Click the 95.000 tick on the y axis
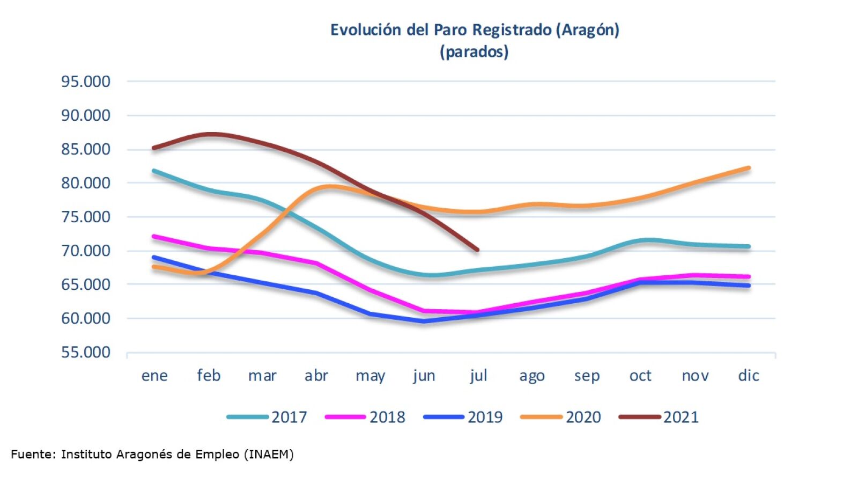[x=86, y=82]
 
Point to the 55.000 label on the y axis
[x=86, y=353]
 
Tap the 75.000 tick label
[x=86, y=217]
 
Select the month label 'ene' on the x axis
[x=154, y=376]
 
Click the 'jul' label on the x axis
[x=478, y=376]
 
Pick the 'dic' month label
[x=749, y=376]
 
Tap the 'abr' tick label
[x=316, y=376]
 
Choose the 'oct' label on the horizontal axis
[x=640, y=376]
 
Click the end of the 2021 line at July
[x=477, y=250]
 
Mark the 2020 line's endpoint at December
[x=749, y=168]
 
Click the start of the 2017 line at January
[x=154, y=171]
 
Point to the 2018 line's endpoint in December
[x=749, y=277]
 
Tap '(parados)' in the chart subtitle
[x=474, y=52]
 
